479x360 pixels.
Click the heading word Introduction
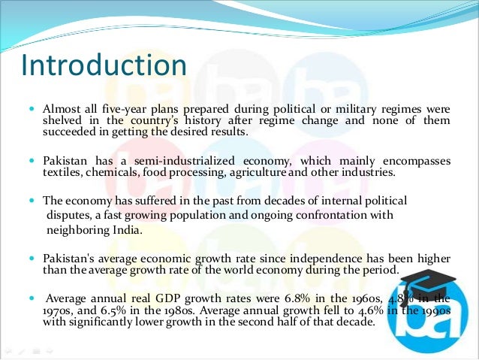click(104, 66)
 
